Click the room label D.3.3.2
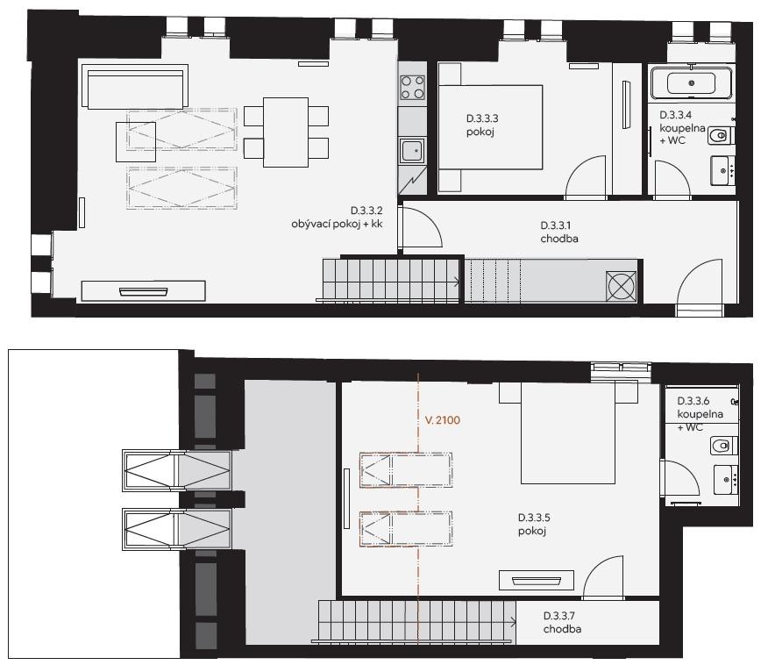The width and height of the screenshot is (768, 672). tap(366, 211)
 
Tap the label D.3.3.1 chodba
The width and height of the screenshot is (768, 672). tap(559, 232)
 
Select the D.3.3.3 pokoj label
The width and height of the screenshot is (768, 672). tap(482, 125)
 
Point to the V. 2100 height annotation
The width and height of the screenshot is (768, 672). tap(442, 420)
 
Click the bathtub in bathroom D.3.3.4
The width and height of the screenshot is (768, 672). tap(691, 82)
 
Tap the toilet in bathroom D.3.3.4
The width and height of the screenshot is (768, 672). tap(720, 136)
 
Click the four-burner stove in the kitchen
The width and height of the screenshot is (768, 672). tap(412, 87)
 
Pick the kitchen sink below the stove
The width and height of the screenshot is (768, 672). tap(412, 151)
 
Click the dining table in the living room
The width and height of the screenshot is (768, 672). tap(286, 132)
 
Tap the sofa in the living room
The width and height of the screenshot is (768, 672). tap(135, 89)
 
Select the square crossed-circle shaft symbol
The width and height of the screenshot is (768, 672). tap(621, 286)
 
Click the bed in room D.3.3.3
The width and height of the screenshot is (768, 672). tap(490, 127)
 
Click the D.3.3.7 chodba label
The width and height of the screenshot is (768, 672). tap(562, 623)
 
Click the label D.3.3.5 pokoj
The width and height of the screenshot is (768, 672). tap(534, 525)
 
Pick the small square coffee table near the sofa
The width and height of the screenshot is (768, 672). tap(136, 141)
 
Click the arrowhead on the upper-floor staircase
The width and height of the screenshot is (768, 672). tap(513, 623)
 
